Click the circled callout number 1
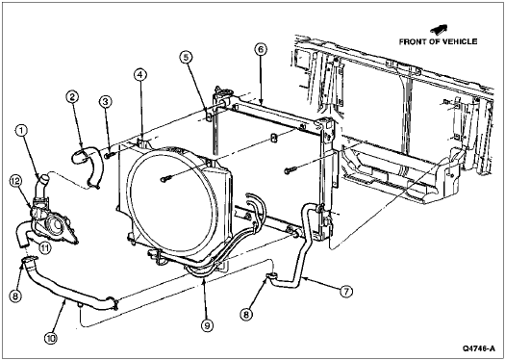[x=21, y=131]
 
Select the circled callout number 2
[x=72, y=96]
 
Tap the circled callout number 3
[x=105, y=102]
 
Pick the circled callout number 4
[x=139, y=75]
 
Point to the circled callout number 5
[x=186, y=58]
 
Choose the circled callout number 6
[x=261, y=50]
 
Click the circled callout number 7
[x=346, y=292]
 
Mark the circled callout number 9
[x=207, y=325]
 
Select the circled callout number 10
[x=51, y=339]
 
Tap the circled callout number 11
[x=45, y=247]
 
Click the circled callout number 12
[x=14, y=182]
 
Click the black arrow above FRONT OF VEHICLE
[x=439, y=30]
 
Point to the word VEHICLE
[x=458, y=41]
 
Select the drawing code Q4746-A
[x=479, y=348]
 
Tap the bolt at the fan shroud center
[x=165, y=178]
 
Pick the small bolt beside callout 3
[x=110, y=155]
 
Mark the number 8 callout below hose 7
[x=246, y=315]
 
